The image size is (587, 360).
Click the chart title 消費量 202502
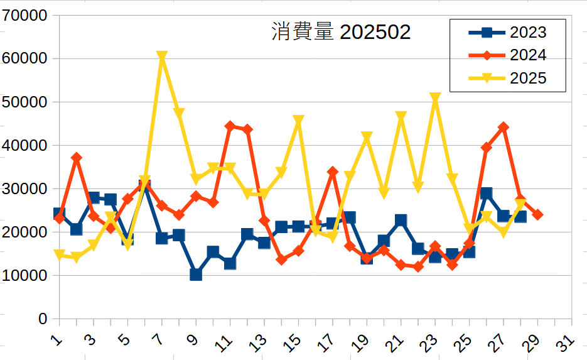pyautogui.click(x=341, y=32)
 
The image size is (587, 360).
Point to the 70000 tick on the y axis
pyautogui.click(x=25, y=15)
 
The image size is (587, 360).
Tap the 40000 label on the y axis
pyautogui.click(x=25, y=145)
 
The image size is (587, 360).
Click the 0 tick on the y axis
pyautogui.click(x=43, y=319)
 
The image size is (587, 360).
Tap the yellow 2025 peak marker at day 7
pyautogui.click(x=162, y=57)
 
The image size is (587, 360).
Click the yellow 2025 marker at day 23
pyautogui.click(x=435, y=98)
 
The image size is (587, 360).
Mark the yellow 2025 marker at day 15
pyautogui.click(x=299, y=121)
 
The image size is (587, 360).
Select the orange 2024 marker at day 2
pyautogui.click(x=77, y=158)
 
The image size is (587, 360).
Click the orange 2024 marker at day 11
pyautogui.click(x=230, y=126)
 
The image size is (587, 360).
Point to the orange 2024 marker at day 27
pyautogui.click(x=504, y=127)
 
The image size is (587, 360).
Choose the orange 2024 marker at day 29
pyautogui.click(x=537, y=215)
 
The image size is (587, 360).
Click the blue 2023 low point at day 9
pyautogui.click(x=196, y=275)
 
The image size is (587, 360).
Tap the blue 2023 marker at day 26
pyautogui.click(x=487, y=193)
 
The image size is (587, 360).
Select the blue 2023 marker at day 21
pyautogui.click(x=401, y=220)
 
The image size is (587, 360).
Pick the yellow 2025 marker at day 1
pyautogui.click(x=60, y=255)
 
